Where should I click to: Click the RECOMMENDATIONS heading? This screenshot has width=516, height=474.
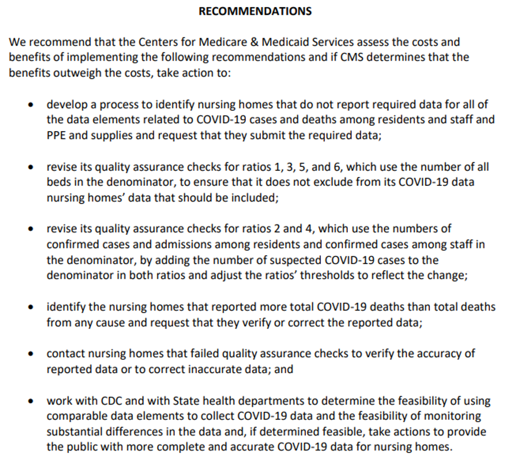pos(255,11)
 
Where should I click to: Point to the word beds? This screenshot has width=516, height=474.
pos(58,182)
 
